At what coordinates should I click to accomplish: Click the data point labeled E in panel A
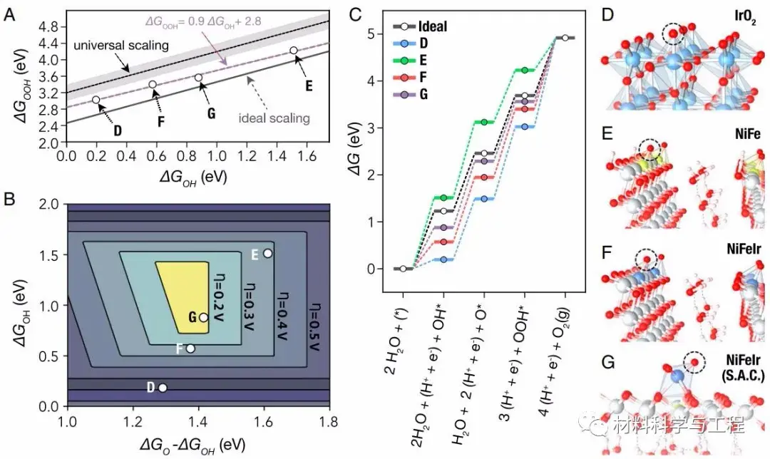pyautogui.click(x=294, y=51)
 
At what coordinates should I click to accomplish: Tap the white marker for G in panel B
pyautogui.click(x=204, y=317)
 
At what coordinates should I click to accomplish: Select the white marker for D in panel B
pyautogui.click(x=163, y=388)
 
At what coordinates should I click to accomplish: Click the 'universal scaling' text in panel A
pyautogui.click(x=120, y=46)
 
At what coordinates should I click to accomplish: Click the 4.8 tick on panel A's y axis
pyautogui.click(x=48, y=26)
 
